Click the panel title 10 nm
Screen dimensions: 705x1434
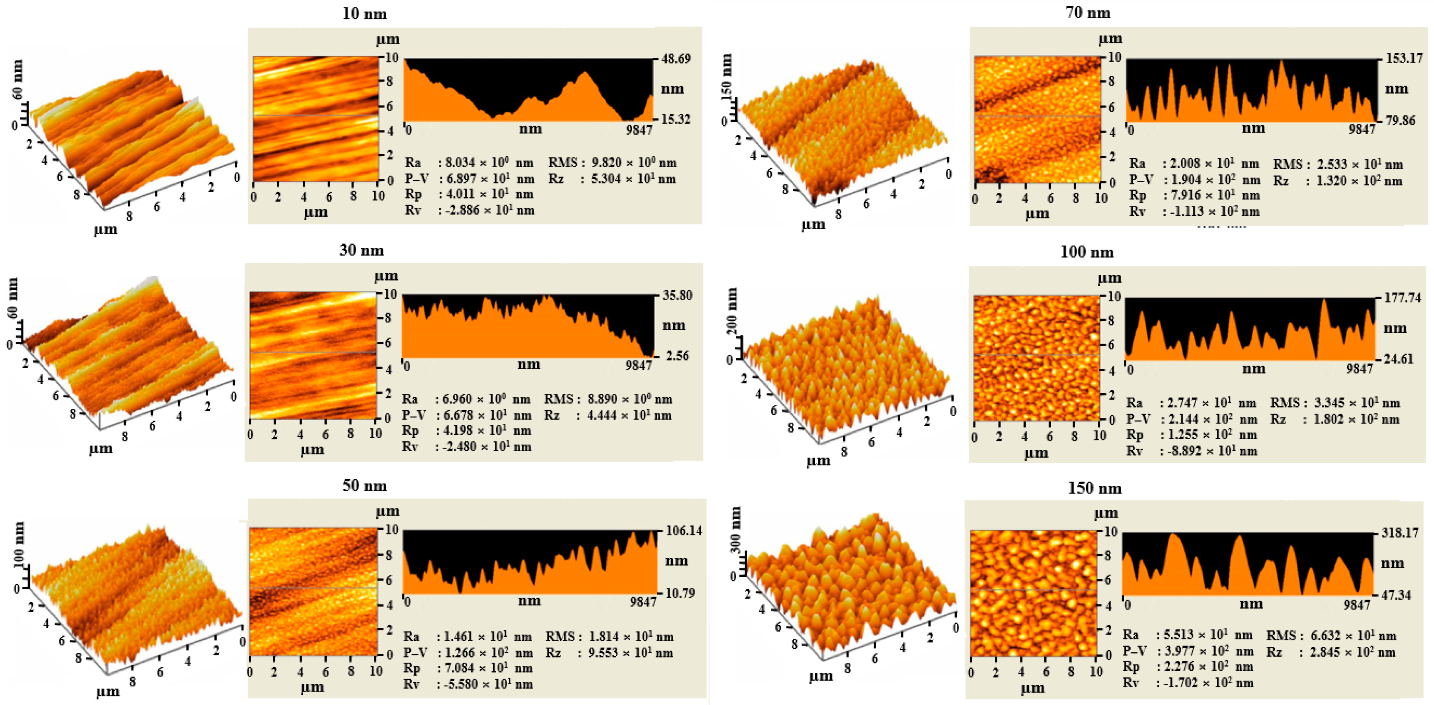click(x=364, y=13)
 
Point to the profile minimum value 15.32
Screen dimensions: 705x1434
click(x=675, y=119)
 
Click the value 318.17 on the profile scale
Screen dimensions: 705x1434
click(x=1399, y=533)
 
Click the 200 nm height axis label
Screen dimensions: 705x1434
click(x=733, y=311)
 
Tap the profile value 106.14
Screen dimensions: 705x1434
click(x=684, y=531)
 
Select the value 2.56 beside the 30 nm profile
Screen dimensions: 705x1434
click(x=677, y=356)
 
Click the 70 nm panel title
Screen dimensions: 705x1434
click(x=1088, y=13)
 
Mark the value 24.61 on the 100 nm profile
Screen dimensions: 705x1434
click(x=1398, y=359)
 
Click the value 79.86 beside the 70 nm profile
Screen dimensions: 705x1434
click(x=1399, y=121)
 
